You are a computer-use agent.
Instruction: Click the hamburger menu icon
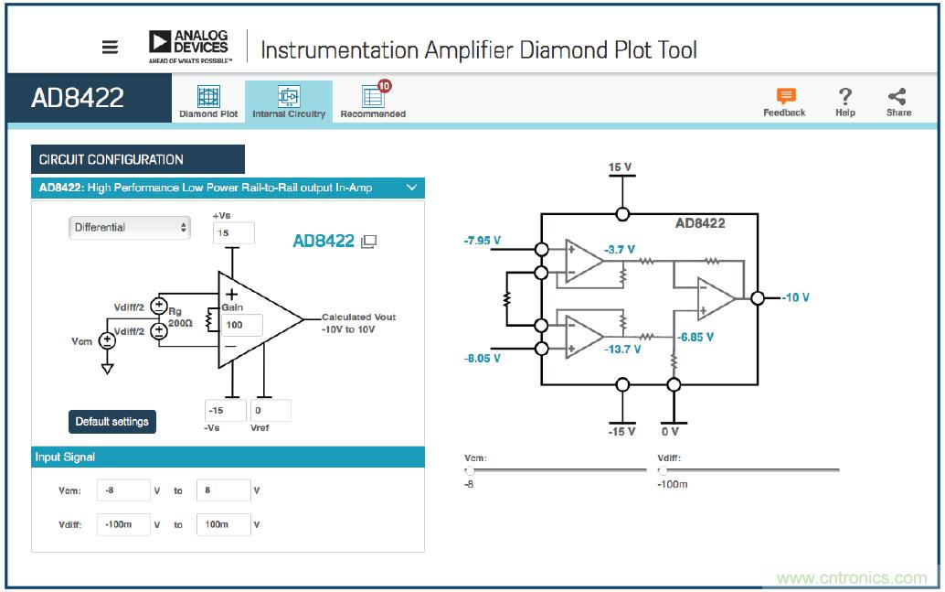tap(110, 48)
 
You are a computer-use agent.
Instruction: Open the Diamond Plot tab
tap(208, 102)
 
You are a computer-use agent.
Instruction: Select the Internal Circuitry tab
tap(289, 102)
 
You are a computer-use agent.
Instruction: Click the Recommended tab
tap(373, 102)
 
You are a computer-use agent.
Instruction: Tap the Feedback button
tap(784, 102)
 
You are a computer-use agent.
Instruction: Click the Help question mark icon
tap(845, 101)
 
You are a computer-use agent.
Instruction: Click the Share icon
tap(898, 101)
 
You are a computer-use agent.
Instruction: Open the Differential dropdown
tap(130, 227)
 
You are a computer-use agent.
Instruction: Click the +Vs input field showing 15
tap(232, 233)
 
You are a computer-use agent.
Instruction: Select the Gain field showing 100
tap(242, 325)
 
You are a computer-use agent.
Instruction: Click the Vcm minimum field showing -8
tap(123, 490)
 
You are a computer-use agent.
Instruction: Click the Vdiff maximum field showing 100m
tap(223, 524)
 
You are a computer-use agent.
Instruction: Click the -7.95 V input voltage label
tap(483, 241)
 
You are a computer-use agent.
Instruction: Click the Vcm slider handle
tap(470, 470)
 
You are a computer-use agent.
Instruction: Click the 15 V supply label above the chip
tap(621, 167)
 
